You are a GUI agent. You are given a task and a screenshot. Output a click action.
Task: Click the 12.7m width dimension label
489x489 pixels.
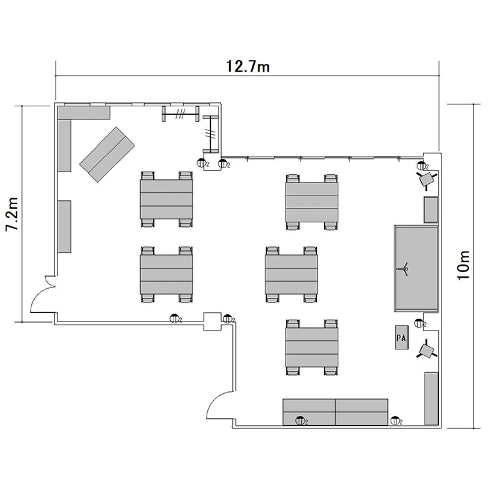pyautogui.click(x=248, y=67)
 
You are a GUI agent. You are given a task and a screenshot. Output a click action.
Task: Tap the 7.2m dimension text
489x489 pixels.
pyautogui.click(x=12, y=214)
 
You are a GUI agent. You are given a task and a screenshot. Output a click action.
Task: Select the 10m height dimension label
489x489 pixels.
pyautogui.click(x=464, y=265)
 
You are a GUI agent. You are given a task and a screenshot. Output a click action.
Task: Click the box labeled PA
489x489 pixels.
pyautogui.click(x=402, y=338)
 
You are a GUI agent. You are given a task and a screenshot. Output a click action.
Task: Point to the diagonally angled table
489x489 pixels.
pyautogui.click(x=107, y=155)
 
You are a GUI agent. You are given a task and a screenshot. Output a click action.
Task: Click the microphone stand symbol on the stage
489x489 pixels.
pyautogui.click(x=404, y=269)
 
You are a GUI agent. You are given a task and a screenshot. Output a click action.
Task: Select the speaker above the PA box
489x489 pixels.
pyautogui.click(x=426, y=350)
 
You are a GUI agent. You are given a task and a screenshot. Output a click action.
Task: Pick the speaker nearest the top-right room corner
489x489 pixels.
pyautogui.click(x=426, y=180)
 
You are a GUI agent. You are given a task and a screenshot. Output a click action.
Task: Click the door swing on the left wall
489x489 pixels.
pyautogui.click(x=43, y=294)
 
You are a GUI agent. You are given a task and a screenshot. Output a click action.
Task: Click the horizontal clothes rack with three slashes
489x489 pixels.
pyautogui.click(x=180, y=114)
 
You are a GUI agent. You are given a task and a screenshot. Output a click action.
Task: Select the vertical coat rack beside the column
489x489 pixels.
pyautogui.click(x=211, y=134)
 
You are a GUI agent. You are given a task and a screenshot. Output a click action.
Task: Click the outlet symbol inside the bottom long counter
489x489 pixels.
pyautogui.click(x=301, y=421)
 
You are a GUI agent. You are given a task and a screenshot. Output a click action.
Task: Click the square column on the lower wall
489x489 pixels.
pyautogui.click(x=213, y=321)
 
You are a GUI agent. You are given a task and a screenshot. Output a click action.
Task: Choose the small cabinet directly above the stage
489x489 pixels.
pyautogui.click(x=431, y=209)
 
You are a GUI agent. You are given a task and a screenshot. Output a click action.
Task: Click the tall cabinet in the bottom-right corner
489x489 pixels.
pyautogui.click(x=432, y=398)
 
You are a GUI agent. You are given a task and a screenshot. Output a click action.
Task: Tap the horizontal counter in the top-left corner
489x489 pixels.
pyautogui.click(x=84, y=112)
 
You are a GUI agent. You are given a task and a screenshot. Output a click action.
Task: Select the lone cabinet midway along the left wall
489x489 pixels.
pyautogui.click(x=65, y=226)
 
